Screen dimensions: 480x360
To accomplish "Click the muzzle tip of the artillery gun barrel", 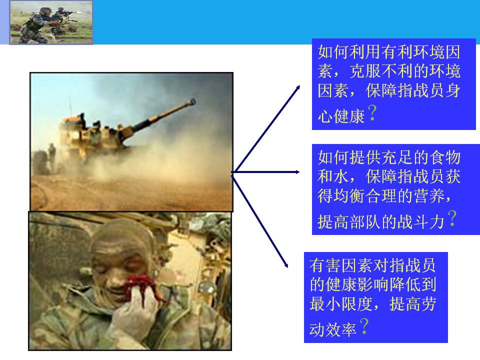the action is point(193,101).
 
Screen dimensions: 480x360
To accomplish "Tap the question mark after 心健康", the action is point(372,112).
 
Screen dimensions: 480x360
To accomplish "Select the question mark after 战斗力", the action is point(452,218).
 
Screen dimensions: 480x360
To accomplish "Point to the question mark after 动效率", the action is point(364,326).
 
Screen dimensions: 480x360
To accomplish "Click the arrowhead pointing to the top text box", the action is point(297,88).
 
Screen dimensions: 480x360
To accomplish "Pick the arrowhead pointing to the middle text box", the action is point(297,172).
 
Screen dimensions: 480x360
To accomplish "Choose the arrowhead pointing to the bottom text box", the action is point(285,264).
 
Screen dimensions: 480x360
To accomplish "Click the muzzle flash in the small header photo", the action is point(79,12).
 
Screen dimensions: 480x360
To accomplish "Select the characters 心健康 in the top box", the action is point(341,116).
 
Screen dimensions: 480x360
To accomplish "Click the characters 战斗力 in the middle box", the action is point(421,221).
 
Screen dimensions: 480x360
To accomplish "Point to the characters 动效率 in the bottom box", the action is point(333,329).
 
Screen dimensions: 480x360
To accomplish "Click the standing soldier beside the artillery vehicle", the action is point(52,154).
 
